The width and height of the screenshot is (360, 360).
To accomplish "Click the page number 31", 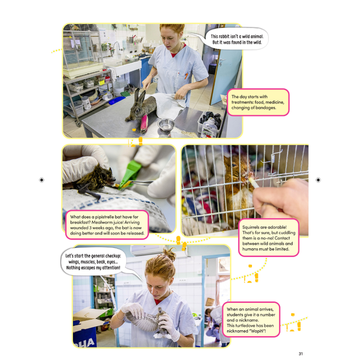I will pos(300,353).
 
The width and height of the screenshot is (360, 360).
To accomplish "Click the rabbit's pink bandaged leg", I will pos(143,124).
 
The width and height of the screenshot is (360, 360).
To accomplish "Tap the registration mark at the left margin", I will pos(42,180).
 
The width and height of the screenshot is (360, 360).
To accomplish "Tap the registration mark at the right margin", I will pos(318,180).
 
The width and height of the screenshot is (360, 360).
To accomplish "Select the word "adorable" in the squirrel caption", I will pos(286,226).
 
